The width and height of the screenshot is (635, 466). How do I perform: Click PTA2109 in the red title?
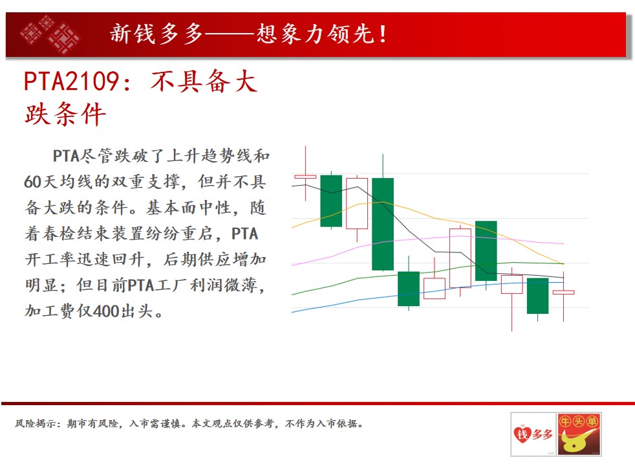point(71,81)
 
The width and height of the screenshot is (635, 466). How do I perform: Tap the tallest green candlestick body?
point(383,224)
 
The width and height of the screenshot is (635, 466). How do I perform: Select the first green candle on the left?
point(331,201)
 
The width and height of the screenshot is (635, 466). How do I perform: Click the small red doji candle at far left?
point(305,177)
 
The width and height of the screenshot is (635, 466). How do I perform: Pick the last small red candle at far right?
point(563,292)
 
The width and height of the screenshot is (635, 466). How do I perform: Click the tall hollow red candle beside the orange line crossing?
point(460,258)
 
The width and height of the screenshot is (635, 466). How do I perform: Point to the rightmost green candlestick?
point(538,296)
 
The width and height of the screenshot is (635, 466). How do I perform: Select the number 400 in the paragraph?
point(107,311)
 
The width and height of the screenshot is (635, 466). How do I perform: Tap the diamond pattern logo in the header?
point(50,35)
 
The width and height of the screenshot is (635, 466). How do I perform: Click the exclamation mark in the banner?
point(383,34)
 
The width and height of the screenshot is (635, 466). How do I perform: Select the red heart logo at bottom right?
point(522,434)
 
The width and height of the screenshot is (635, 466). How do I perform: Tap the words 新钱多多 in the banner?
point(156,34)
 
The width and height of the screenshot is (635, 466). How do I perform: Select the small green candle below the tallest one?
point(409,289)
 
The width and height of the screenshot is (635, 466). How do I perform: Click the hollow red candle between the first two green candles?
point(357,203)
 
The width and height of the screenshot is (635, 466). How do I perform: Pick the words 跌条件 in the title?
point(65,115)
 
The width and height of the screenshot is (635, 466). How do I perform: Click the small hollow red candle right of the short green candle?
point(435,289)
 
